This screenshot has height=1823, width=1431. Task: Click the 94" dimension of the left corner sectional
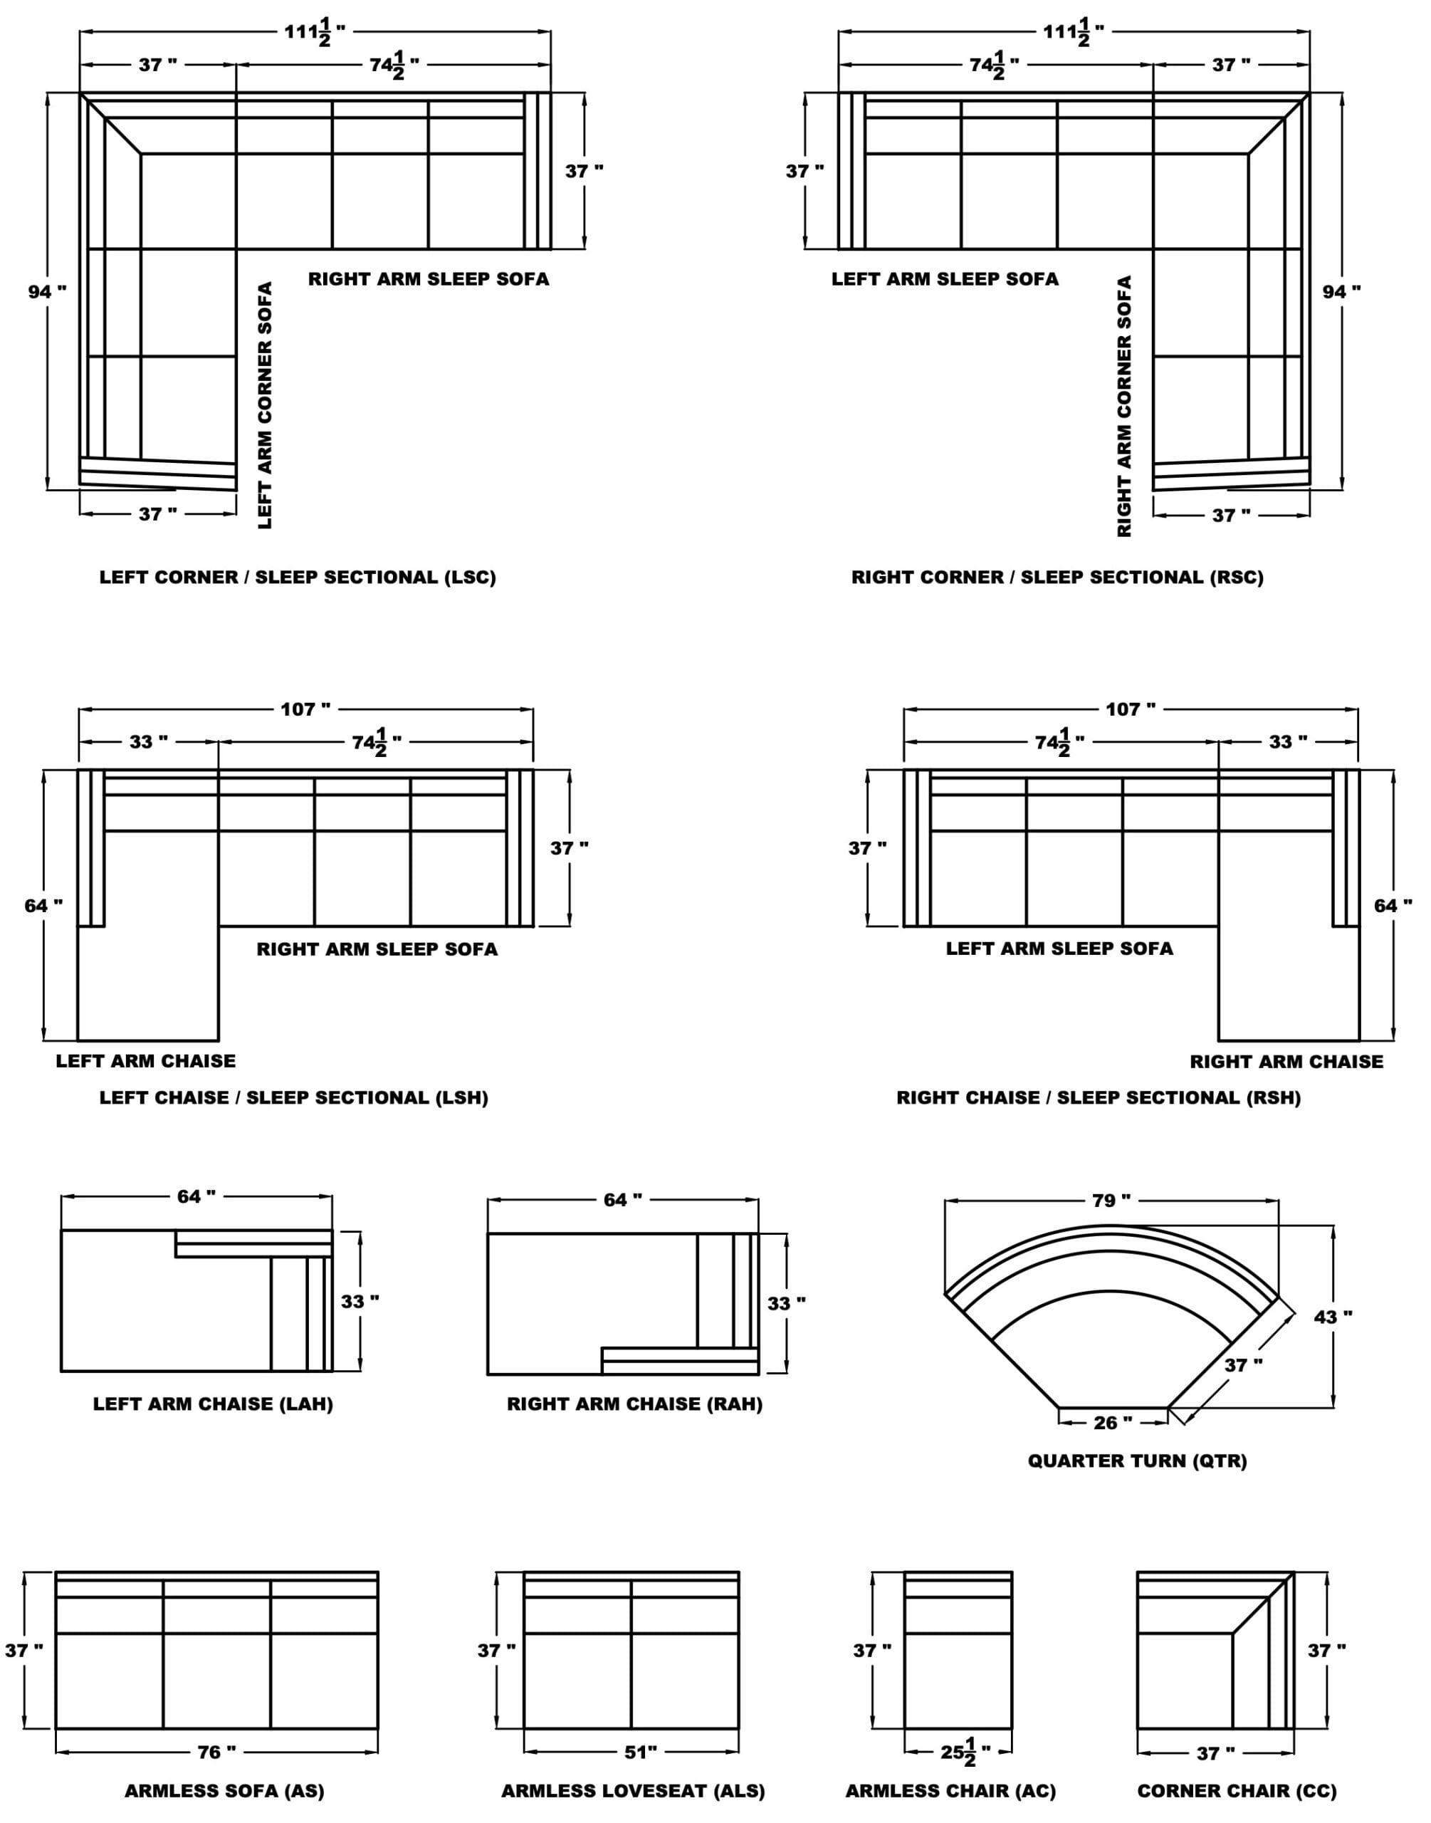[47, 291]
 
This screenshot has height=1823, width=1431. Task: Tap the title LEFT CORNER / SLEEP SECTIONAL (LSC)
[298, 578]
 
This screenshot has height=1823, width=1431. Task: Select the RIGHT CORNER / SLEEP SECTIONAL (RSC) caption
[1057, 578]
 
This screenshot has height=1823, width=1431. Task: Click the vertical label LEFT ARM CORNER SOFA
[265, 405]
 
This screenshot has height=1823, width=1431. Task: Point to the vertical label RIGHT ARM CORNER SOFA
[1124, 407]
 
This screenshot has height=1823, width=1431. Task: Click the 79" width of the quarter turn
[1111, 1201]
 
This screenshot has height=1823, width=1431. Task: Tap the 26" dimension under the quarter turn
[1113, 1423]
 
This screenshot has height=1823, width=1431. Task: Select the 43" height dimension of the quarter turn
[1333, 1317]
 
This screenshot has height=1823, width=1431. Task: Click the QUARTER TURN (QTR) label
[1137, 1461]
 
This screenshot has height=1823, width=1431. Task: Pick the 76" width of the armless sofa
[216, 1753]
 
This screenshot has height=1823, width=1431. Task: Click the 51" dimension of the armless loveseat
[640, 1753]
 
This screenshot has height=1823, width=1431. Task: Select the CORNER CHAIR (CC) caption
[1237, 1791]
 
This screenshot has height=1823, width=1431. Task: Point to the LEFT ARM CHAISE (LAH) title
[213, 1404]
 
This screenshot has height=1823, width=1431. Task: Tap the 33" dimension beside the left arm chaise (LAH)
[360, 1302]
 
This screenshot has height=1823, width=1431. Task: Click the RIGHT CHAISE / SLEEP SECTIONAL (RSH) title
[1099, 1097]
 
